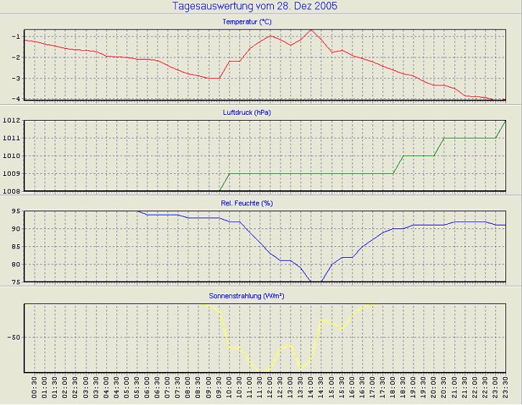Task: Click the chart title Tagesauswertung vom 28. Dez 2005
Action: tap(255, 6)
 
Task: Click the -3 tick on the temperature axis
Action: tap(15, 78)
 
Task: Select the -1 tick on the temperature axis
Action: tap(15, 37)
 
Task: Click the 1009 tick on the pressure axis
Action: tap(11, 174)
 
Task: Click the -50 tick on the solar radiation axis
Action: tap(12, 337)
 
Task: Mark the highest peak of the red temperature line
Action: tap(311, 29)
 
